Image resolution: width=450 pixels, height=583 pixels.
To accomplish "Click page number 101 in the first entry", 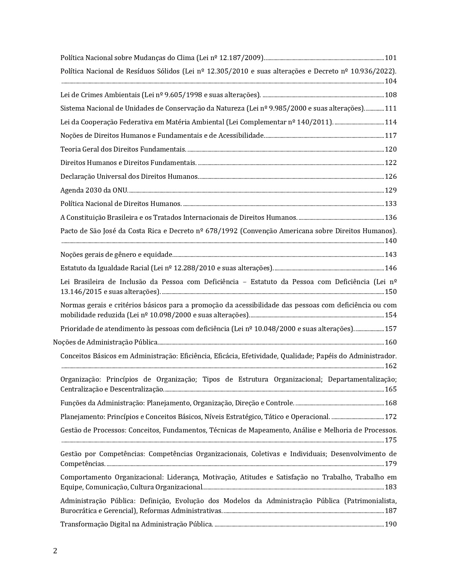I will click(391, 58).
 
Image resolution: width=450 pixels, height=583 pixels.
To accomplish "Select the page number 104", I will click(391, 81).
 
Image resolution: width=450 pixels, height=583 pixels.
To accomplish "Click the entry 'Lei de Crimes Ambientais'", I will click(100, 95).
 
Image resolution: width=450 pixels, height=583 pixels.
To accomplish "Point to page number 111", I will click(391, 108).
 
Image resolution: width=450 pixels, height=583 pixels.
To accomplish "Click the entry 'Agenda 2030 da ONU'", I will click(94, 190).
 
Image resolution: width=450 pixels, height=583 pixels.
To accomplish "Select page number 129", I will click(391, 190).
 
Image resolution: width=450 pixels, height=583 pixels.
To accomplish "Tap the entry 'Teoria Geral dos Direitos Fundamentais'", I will click(123, 149).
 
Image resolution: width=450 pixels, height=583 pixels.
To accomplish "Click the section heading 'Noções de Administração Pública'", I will click(105, 342).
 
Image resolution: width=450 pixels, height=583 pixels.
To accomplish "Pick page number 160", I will click(391, 342).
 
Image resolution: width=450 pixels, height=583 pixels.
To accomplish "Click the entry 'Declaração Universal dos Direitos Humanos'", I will click(129, 177).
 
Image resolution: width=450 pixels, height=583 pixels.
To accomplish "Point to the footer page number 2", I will click(55, 551).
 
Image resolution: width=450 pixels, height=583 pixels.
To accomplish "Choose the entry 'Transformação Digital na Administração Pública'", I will click(136, 524).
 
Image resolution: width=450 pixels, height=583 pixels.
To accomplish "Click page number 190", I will click(391, 524).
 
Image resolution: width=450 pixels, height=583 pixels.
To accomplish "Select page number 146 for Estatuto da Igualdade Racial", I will click(391, 268).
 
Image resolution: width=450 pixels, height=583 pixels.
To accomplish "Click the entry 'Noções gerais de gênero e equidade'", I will click(116, 255).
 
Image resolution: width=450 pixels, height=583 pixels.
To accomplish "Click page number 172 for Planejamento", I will click(391, 417).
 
